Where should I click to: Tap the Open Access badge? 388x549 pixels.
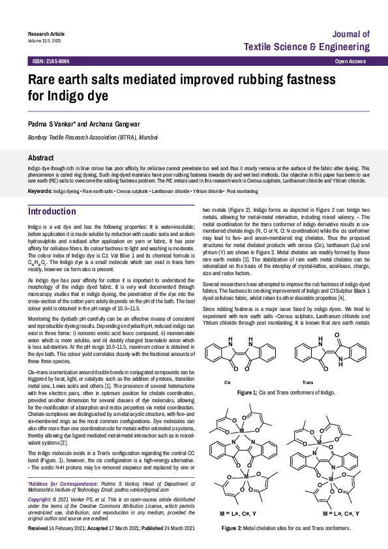350,61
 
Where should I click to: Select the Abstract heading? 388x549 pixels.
40,158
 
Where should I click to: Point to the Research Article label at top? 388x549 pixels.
46,33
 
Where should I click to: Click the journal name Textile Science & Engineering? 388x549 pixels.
306,47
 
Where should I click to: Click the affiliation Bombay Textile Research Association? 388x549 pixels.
93,138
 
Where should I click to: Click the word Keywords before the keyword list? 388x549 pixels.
40,190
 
